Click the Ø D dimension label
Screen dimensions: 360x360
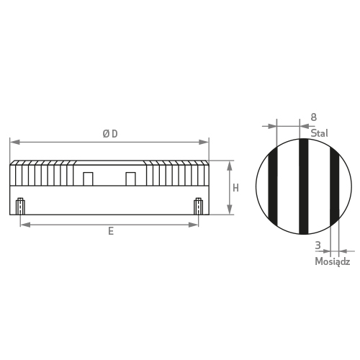tap(110, 134)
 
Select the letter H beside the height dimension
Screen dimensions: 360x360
tap(235, 188)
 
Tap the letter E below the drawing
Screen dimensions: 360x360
tap(111, 231)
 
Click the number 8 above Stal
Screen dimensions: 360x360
tap(314, 117)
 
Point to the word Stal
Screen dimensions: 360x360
tap(319, 133)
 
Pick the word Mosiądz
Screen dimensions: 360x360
tap(333, 261)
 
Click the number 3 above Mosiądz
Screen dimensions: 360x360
tap(318, 246)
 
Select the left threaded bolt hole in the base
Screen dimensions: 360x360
tap(20, 206)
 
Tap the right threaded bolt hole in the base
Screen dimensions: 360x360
tap(199, 206)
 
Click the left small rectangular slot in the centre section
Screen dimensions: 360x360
tap(88, 179)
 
